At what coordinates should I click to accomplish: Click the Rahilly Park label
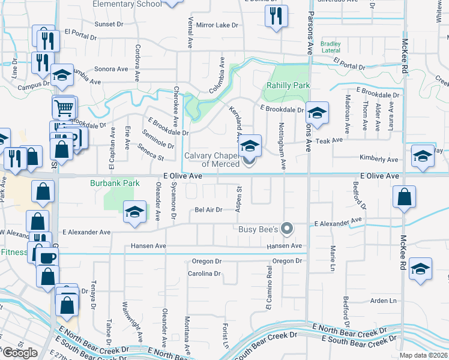point(286,85)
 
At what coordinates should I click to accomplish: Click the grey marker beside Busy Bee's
point(288,229)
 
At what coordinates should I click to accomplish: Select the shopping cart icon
point(64,107)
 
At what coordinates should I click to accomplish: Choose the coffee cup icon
point(47,258)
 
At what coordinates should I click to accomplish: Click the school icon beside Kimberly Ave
point(423,156)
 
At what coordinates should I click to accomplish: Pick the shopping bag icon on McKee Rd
point(405,197)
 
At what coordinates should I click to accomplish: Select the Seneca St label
point(151,152)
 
